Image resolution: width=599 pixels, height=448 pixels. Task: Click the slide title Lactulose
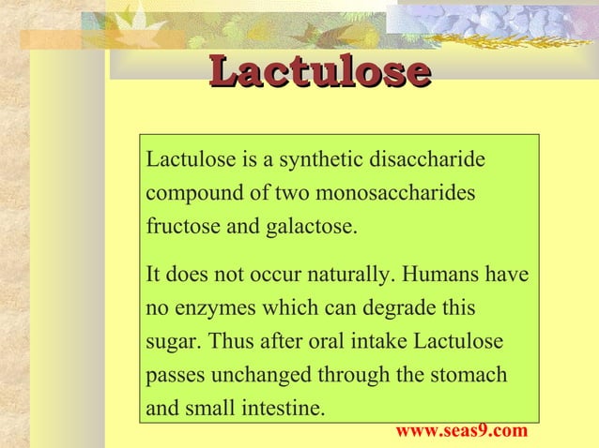[x=319, y=72]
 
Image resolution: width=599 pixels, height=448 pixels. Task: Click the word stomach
[x=474, y=375]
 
